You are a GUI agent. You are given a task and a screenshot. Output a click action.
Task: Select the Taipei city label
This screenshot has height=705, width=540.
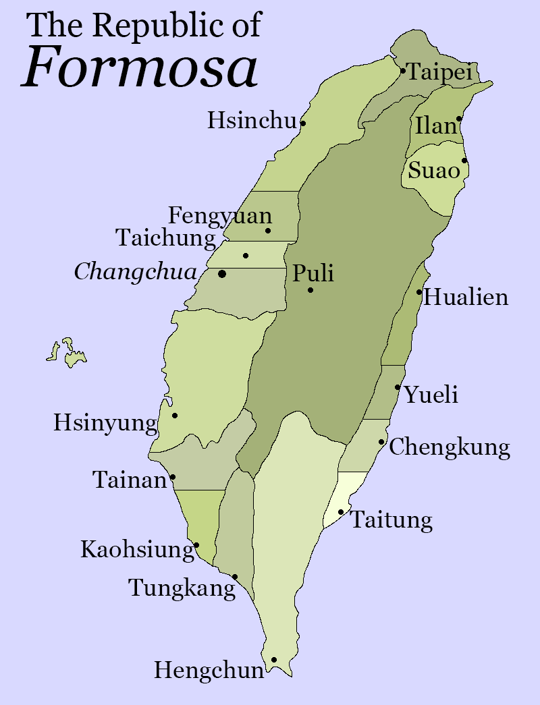coord(439,72)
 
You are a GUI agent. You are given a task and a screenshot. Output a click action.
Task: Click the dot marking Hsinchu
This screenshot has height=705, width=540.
coord(303,123)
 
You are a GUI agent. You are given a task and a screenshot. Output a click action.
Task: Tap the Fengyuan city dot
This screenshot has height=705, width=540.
coord(268,231)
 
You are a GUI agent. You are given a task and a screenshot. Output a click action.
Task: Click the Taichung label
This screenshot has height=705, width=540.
coord(166,237)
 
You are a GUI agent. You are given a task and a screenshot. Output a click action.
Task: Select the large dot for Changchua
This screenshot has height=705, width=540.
coord(222,273)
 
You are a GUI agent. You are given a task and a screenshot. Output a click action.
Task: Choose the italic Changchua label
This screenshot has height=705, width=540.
coord(136,272)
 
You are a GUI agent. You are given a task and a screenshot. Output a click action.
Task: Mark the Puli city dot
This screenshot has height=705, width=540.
coord(310,290)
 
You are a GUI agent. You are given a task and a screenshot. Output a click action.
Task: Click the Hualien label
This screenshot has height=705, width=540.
coord(466,297)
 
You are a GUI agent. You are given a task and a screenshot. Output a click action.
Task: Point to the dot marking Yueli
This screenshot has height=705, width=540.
coord(398,387)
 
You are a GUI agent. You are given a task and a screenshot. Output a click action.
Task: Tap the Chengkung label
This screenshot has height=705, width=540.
coord(450,447)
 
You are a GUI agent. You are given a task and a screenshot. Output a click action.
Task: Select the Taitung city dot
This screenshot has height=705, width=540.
coord(341,512)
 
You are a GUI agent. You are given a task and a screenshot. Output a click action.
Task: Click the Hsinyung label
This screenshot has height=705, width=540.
coord(105,424)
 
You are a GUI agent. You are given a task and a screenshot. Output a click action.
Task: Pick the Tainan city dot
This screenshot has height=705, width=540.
coord(173,477)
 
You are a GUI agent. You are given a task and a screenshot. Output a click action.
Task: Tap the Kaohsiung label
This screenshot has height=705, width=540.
coord(138,550)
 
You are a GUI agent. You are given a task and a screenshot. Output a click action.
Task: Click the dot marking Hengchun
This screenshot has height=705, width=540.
coord(274,660)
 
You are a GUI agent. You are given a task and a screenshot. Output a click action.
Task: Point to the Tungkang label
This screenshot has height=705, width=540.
coord(182,588)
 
